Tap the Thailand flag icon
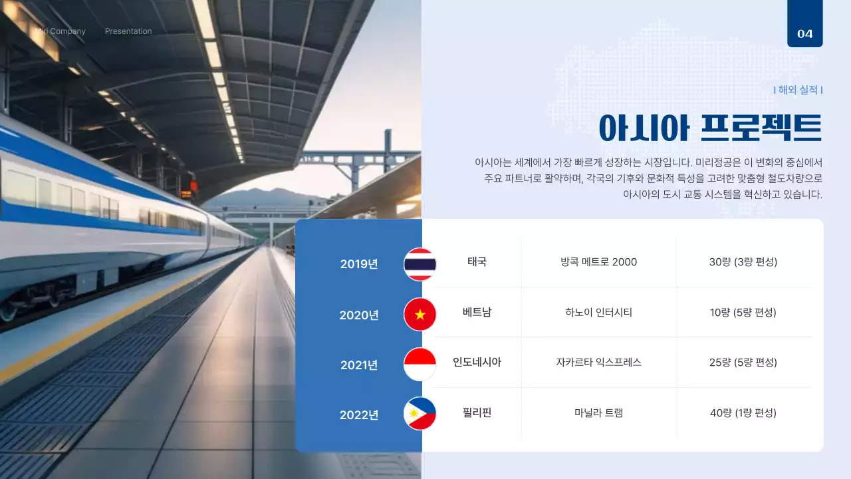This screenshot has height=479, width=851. (x=420, y=263)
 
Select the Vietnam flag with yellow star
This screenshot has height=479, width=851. (x=420, y=314)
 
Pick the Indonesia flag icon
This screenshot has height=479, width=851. (x=420, y=364)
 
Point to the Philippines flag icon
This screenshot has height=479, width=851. (x=420, y=414)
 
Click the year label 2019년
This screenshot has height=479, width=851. (x=359, y=264)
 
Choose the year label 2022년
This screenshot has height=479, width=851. (x=359, y=415)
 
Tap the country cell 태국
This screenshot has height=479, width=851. (x=477, y=261)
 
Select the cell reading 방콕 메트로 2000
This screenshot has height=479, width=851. (x=598, y=262)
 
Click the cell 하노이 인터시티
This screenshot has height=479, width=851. (x=598, y=312)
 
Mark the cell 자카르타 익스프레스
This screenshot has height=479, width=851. (x=598, y=363)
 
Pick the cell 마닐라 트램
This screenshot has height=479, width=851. (x=598, y=413)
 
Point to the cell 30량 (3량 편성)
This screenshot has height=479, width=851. (x=743, y=262)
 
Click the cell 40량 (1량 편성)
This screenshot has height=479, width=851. (x=743, y=413)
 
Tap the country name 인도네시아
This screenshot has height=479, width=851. (x=477, y=363)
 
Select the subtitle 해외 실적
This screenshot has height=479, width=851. (x=798, y=90)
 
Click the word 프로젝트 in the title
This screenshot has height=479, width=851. (x=762, y=128)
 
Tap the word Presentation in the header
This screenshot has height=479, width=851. (x=128, y=31)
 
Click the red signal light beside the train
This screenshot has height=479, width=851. (x=193, y=185)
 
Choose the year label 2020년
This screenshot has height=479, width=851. (x=359, y=315)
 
